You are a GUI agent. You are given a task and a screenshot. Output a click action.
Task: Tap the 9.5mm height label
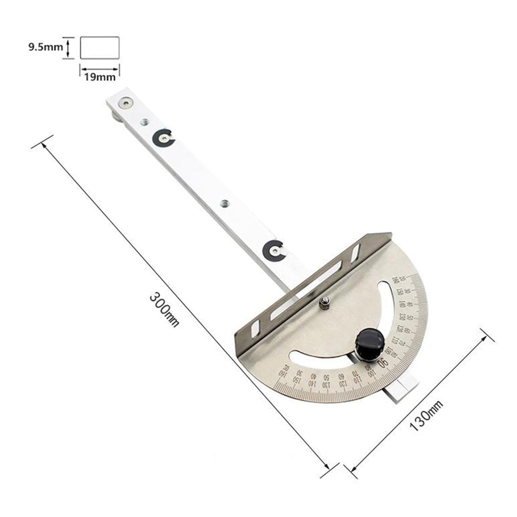(46, 47)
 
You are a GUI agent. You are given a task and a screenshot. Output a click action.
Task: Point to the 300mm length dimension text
(164, 309)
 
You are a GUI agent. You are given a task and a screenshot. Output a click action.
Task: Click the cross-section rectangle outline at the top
(100, 47)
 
